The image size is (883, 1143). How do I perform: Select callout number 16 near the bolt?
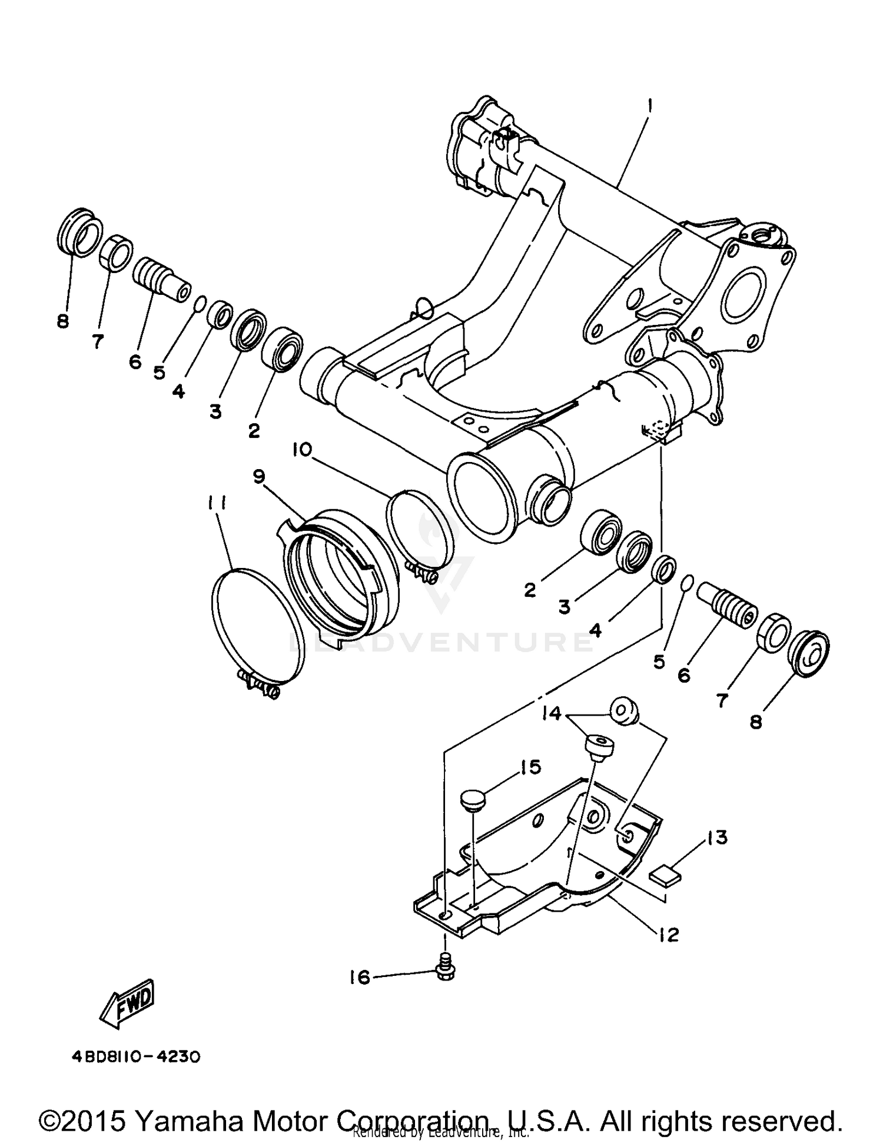click(360, 978)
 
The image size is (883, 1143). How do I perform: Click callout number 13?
click(717, 837)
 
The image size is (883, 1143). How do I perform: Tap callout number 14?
click(553, 714)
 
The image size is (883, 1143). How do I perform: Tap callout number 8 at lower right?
click(755, 721)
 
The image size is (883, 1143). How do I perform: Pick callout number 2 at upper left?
click(254, 430)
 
